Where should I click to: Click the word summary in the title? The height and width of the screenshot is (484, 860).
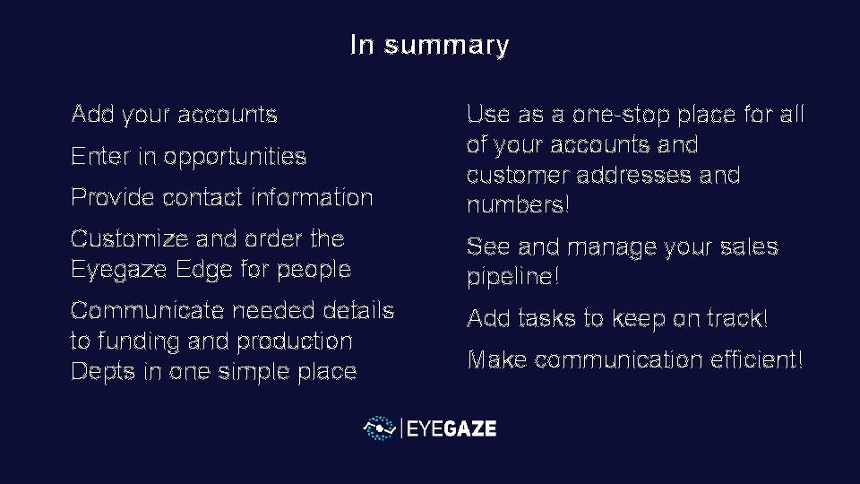point(446,45)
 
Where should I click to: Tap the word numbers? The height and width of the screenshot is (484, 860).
point(518,205)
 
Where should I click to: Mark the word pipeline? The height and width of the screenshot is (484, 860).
point(513,277)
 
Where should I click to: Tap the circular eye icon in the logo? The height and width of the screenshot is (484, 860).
point(380,428)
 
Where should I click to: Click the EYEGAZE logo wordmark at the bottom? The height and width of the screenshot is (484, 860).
point(451,428)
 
